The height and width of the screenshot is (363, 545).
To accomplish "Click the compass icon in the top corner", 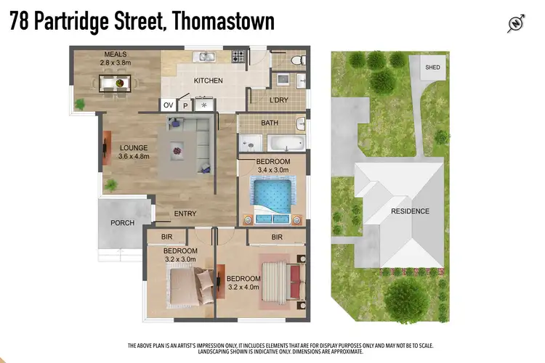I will click(x=516, y=24).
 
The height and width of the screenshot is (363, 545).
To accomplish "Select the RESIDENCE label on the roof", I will click(x=410, y=211).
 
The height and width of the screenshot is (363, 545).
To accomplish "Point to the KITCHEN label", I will click(x=208, y=81).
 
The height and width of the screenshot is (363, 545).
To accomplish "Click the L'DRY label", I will click(x=280, y=99).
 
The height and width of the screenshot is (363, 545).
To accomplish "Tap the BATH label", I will click(x=270, y=123).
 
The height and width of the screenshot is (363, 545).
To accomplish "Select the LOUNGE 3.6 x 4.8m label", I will click(x=134, y=152).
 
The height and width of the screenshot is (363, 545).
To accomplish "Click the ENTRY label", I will click(x=185, y=213).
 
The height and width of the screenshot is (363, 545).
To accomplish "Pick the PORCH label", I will click(x=123, y=223).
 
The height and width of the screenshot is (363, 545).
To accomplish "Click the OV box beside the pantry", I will click(x=168, y=105).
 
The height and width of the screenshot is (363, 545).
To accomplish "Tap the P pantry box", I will click(x=185, y=105).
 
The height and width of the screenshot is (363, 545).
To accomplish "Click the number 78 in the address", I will click(x=20, y=22).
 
